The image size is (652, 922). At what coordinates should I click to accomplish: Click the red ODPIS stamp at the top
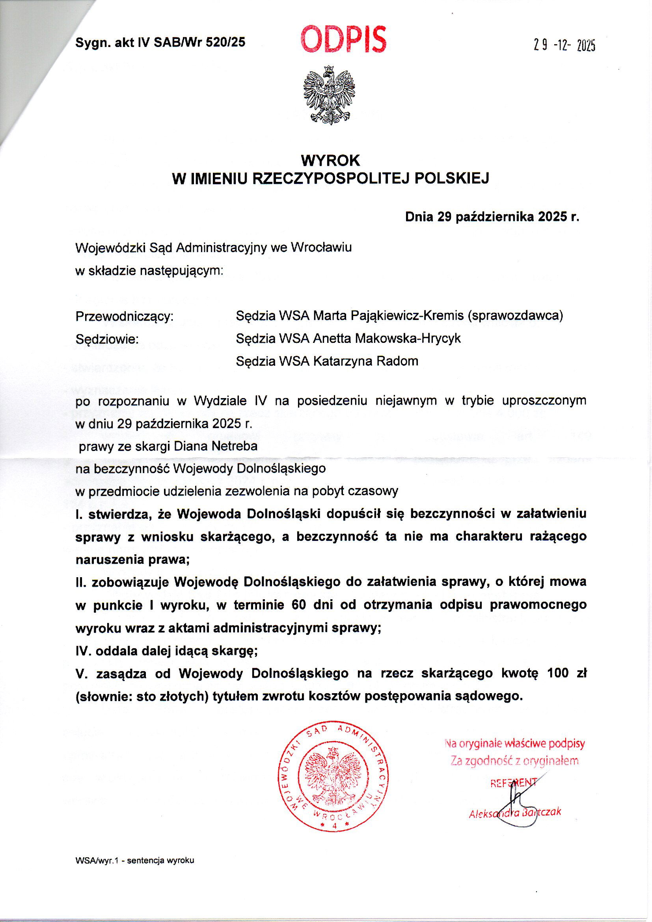tap(343, 40)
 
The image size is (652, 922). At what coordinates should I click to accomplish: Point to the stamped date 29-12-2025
tap(564, 46)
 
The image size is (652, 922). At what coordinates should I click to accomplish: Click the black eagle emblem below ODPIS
tap(329, 95)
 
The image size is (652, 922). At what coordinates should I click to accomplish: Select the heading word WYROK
tap(330, 161)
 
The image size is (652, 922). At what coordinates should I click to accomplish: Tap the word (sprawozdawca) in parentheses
tap(515, 316)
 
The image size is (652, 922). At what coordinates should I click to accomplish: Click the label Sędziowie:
tap(107, 339)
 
